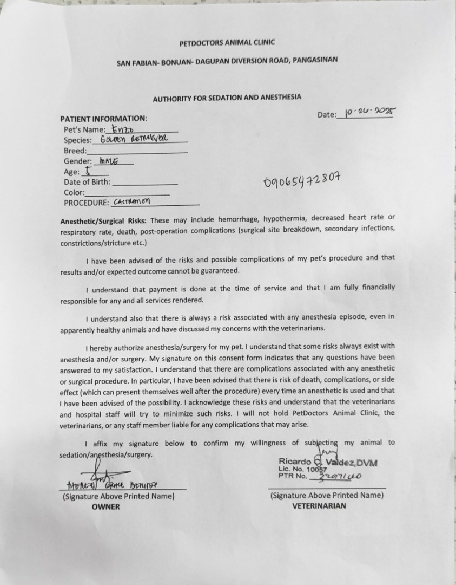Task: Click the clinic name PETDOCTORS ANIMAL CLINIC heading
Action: [x=227, y=43]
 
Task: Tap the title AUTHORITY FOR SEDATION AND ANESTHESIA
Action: [x=227, y=98]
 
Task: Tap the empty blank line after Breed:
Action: [x=137, y=152]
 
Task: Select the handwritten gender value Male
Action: [x=108, y=161]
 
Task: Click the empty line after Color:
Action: [x=127, y=193]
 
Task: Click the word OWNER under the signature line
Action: [x=106, y=506]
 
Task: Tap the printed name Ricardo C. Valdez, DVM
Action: [x=328, y=462]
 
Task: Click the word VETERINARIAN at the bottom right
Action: [x=319, y=506]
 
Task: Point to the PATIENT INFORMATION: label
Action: [x=103, y=119]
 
